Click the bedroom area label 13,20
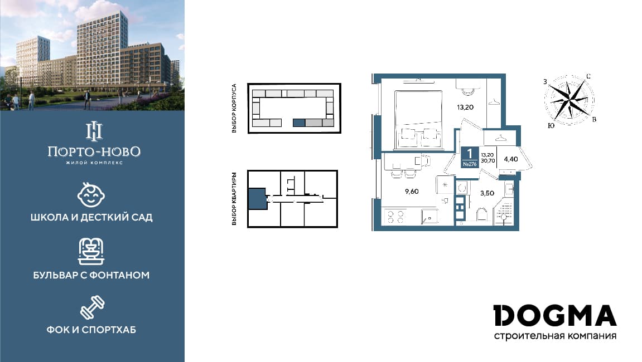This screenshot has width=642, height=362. point(465,107)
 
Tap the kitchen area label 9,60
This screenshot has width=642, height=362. point(412,192)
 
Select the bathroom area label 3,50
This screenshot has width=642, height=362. point(487,193)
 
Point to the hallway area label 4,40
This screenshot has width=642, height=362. point(511,159)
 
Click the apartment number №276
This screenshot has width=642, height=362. point(470,164)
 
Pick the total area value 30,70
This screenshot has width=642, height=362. point(487,161)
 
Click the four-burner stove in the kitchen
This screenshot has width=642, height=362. point(395,217)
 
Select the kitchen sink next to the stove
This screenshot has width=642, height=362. point(429,216)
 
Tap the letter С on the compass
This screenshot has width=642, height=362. point(588,76)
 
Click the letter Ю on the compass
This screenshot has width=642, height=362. point(551,125)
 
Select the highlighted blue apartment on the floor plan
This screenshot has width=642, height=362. point(258,199)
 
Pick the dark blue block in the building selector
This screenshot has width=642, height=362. point(300,123)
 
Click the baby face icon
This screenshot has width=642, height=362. point(91,195)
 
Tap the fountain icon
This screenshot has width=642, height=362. point(91,251)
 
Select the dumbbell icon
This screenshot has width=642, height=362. point(92,307)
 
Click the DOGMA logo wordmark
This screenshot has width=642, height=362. point(555,315)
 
